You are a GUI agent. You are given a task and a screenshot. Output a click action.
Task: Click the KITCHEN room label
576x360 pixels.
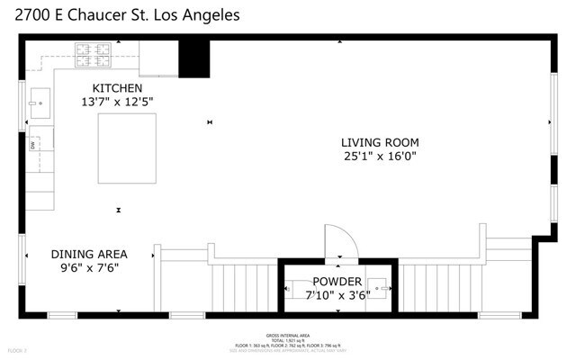point(118,88)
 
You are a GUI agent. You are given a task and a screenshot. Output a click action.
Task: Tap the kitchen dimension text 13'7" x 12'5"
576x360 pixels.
point(118,103)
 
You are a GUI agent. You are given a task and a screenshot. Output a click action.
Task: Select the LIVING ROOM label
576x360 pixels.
point(379,142)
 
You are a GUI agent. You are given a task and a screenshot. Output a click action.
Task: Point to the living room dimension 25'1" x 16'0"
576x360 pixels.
point(379,157)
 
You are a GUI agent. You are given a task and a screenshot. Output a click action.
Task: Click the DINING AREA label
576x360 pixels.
point(88,254)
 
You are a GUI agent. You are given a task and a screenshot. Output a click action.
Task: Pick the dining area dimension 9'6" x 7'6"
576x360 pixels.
point(88,267)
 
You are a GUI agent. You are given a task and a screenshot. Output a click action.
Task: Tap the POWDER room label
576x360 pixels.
point(337,282)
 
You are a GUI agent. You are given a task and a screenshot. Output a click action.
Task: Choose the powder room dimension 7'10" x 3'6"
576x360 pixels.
point(337,294)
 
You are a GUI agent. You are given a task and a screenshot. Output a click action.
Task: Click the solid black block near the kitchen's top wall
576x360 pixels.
point(193,59)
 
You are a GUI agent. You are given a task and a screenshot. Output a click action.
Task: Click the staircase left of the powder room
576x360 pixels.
point(242,288)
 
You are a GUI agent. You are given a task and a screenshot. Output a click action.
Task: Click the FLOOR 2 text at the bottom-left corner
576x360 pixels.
point(16,350)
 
